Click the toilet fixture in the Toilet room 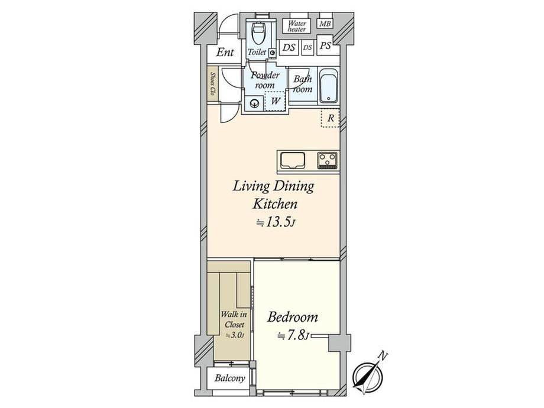tap(258, 33)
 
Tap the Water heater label tap(297, 27)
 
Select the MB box tap(325, 24)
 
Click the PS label tap(325, 46)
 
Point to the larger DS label tap(289, 47)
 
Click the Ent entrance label tap(225, 53)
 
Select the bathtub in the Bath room tap(329, 85)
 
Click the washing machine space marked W tap(275, 101)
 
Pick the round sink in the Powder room tap(254, 103)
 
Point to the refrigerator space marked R tap(331, 118)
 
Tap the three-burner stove tap(328, 160)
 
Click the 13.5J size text tap(276, 222)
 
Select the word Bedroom tap(293, 317)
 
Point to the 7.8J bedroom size tap(293, 335)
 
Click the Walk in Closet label tap(234, 319)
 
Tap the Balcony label tap(229, 378)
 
